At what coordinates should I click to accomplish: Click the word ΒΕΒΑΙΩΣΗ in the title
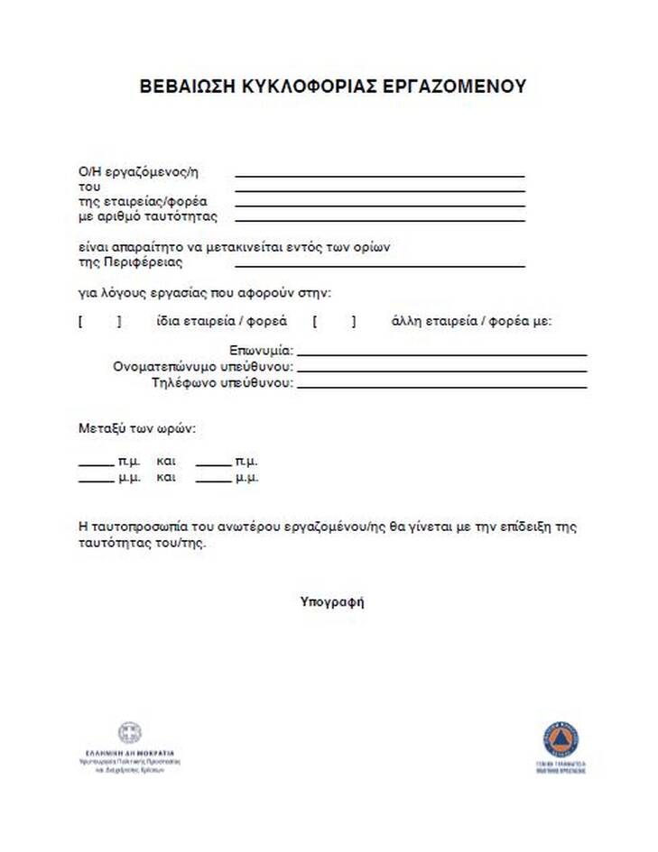[x=188, y=87]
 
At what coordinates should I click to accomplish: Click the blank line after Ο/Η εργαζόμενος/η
[x=379, y=176]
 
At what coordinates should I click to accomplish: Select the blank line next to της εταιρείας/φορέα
[x=379, y=206]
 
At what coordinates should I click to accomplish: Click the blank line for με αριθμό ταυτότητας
[x=379, y=220]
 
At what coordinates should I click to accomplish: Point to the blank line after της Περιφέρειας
[x=379, y=267]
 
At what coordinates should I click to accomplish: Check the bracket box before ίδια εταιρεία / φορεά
[x=99, y=322]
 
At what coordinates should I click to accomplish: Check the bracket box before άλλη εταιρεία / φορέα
[x=334, y=322]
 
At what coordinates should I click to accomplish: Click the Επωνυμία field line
[x=441, y=355]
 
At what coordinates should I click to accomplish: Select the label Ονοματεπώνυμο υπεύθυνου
[x=203, y=368]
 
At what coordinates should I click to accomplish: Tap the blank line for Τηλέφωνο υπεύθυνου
[x=441, y=387]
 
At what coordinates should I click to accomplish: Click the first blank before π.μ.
[x=96, y=465]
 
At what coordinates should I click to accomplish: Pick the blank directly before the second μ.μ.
[x=213, y=481]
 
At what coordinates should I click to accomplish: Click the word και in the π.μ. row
[x=166, y=462]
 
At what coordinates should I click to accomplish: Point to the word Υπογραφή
[x=332, y=601]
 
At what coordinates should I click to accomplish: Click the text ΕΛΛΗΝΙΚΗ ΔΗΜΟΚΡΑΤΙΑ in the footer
[x=130, y=752]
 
